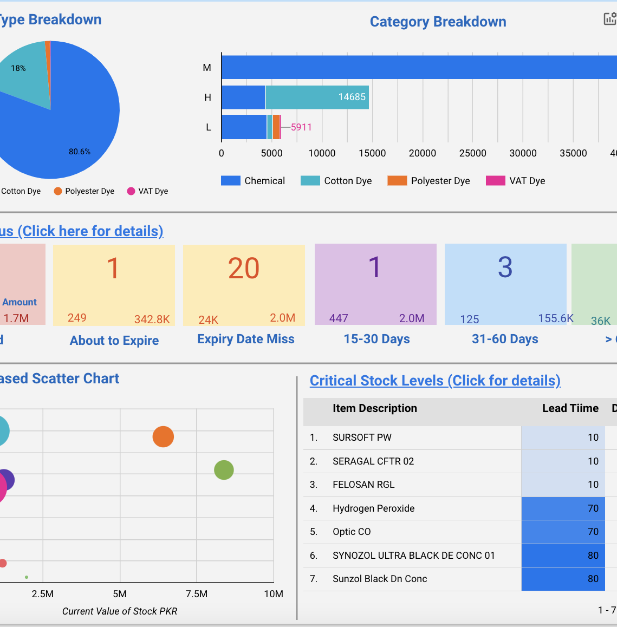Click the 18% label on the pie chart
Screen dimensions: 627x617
[x=18, y=68]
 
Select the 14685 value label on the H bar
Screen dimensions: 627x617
[x=352, y=97]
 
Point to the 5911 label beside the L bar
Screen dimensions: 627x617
[x=301, y=127]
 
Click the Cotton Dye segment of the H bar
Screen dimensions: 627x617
[x=317, y=97]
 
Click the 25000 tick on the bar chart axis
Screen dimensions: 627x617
[x=472, y=153]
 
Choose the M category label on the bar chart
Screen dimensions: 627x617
[x=207, y=68]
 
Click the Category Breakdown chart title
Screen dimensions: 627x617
[x=438, y=22]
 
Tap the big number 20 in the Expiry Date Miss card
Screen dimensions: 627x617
[x=244, y=269]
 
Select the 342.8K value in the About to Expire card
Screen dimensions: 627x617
[x=152, y=319]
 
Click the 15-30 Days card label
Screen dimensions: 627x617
[x=376, y=339]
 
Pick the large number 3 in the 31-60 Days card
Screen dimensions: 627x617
[x=505, y=267]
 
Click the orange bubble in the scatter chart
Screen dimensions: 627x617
[x=163, y=436]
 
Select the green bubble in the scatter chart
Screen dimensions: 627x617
[x=224, y=470]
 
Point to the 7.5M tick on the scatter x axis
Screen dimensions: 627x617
[x=197, y=594]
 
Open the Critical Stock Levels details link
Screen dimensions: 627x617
[x=435, y=381]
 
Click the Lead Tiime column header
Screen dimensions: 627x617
[x=570, y=408]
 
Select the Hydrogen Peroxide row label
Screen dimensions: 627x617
[x=373, y=508]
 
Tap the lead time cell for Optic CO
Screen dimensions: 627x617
[x=563, y=532]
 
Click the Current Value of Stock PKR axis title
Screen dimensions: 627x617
[x=120, y=611]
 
